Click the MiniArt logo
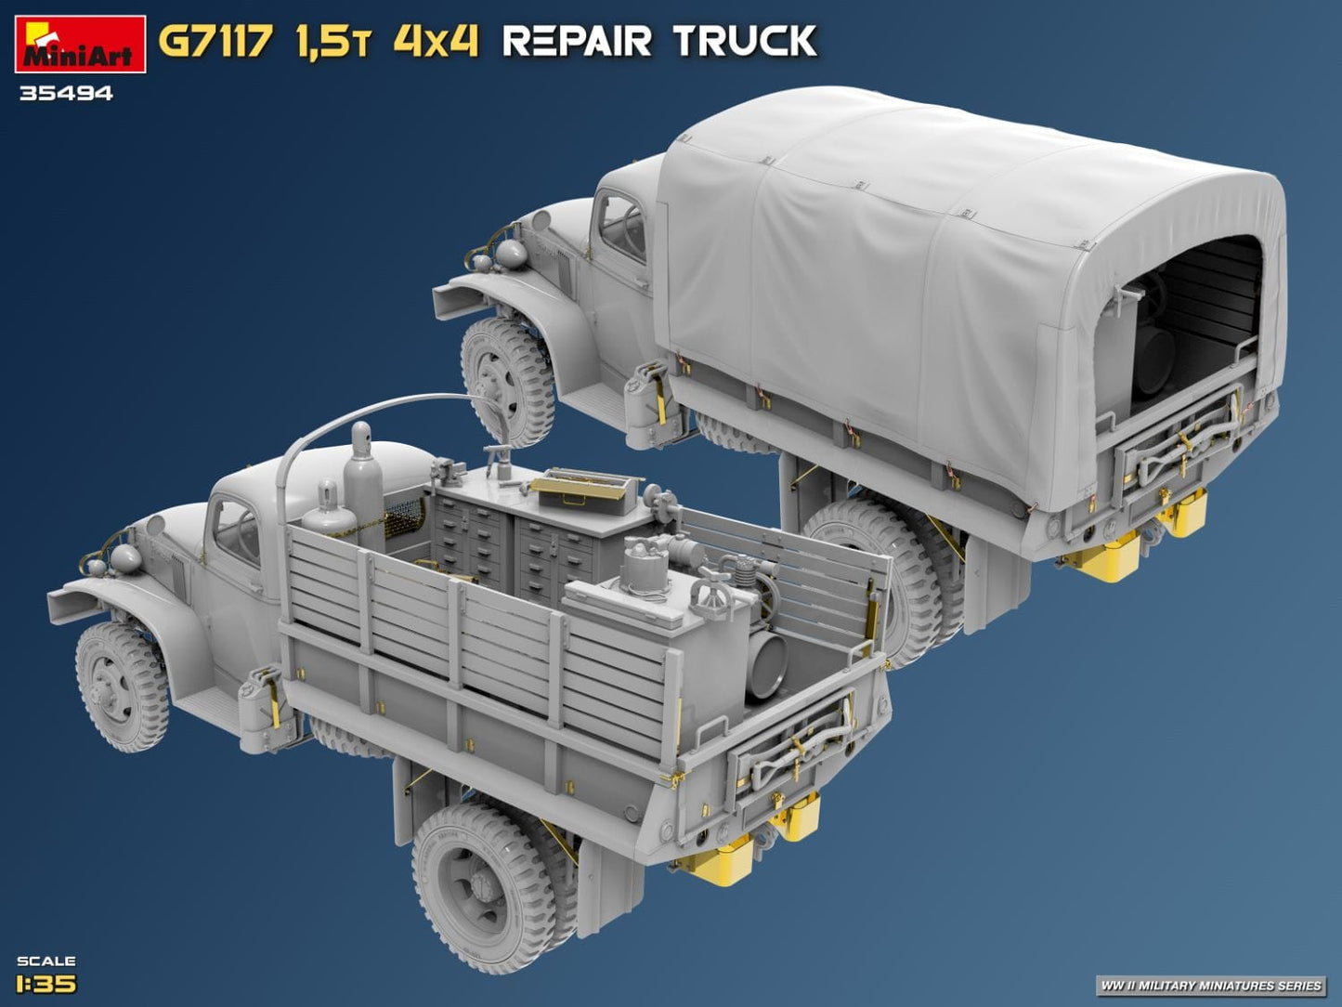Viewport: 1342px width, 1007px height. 80,44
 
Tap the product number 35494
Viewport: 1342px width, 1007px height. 65,93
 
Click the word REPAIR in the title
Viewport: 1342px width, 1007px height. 578,42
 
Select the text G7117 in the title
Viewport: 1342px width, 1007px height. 215,42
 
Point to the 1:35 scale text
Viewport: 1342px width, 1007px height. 46,983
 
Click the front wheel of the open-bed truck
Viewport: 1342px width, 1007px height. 122,687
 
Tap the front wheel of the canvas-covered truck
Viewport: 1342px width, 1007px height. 506,381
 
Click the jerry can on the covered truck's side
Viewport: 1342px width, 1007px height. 645,399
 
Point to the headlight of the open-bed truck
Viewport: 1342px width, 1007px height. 124,558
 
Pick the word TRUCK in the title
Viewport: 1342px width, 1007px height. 744,42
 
